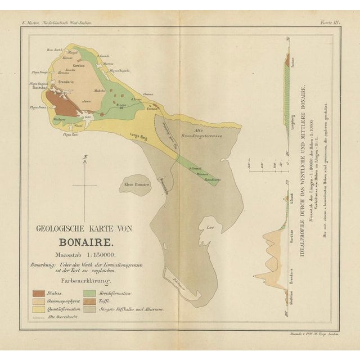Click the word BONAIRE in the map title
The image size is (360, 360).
click(85, 244)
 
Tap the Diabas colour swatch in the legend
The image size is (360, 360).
click(39, 292)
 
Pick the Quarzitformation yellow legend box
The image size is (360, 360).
click(39, 309)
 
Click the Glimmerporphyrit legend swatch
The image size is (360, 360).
click(39, 301)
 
